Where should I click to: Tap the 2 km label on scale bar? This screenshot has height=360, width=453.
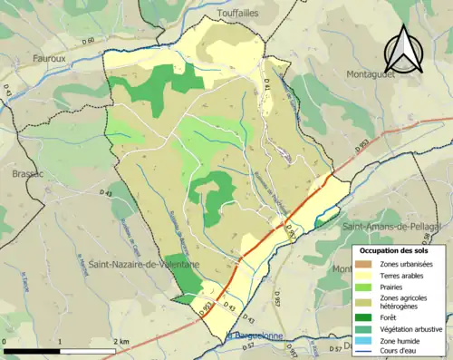[x=120, y=341]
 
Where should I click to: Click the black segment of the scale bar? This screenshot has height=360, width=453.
[x=31, y=350]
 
